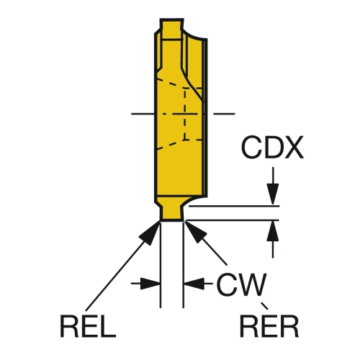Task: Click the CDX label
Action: click(x=272, y=148)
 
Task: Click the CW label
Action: click(x=241, y=284)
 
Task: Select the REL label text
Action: click(x=88, y=326)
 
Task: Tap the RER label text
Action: click(x=269, y=326)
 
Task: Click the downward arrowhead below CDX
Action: click(x=273, y=194)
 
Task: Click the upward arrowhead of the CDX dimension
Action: click(x=273, y=231)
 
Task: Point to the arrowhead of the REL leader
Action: click(x=150, y=233)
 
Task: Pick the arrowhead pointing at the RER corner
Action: click(x=196, y=232)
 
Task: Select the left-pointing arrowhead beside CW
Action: click(x=194, y=284)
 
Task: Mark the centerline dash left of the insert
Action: click(x=142, y=114)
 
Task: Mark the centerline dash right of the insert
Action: click(x=224, y=114)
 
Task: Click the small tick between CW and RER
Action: click(x=264, y=306)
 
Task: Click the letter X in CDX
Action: click(x=293, y=148)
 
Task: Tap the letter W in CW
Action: click(x=251, y=284)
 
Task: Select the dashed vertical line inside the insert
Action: click(x=184, y=114)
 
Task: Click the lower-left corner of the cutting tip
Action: click(x=161, y=220)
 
